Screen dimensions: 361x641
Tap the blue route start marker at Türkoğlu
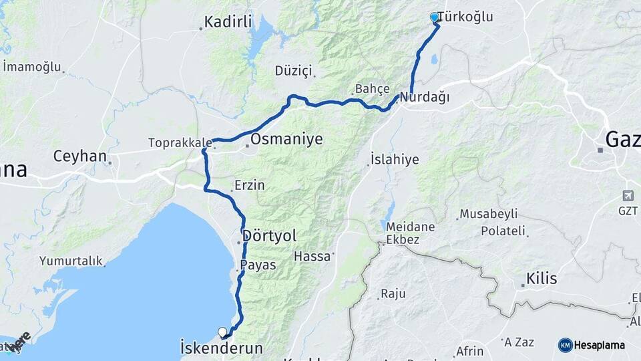tap(435, 17)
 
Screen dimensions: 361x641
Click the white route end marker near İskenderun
tap(222, 332)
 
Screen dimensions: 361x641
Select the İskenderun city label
tap(222, 348)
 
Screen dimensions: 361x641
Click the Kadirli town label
tap(228, 22)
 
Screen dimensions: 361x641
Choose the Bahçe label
tap(372, 88)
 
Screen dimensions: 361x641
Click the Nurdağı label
tap(425, 98)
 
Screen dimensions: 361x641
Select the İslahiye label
tap(395, 159)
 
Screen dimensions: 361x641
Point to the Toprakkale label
tap(180, 142)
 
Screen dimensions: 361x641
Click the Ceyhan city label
tap(79, 156)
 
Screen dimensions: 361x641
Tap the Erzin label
tap(249, 185)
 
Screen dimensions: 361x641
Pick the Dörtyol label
tap(270, 235)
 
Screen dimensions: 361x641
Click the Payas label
tap(258, 265)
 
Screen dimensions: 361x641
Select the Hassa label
tap(312, 256)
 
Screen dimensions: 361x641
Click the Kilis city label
tap(542, 278)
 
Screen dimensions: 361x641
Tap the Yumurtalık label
tap(69, 261)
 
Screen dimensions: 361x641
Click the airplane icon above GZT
tap(628, 196)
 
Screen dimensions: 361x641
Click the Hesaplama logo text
tap(599, 345)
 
